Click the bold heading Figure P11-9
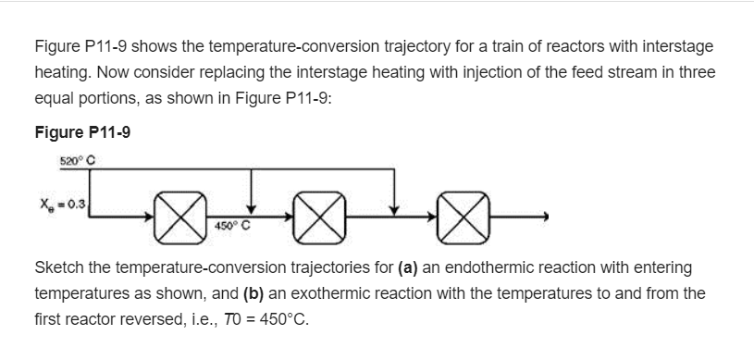(x=82, y=132)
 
